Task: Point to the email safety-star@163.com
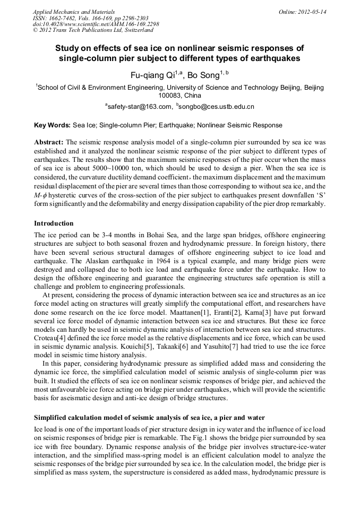click(139, 107)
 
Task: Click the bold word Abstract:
click(49, 143)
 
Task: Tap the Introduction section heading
click(54, 223)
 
